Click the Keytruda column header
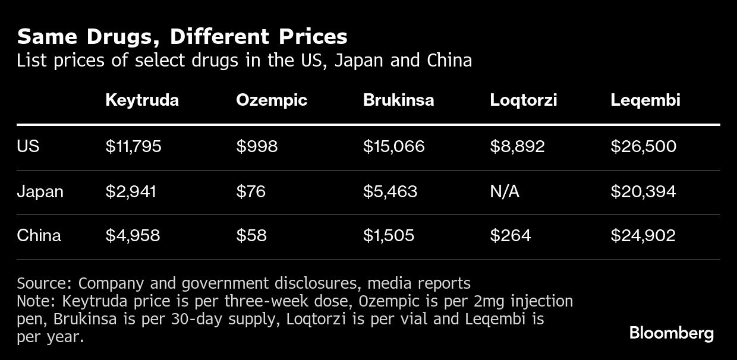tap(141, 100)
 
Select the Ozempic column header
tap(271, 100)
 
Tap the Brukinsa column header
tap(398, 100)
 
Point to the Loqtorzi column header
tap(523, 100)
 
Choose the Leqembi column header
tap(645, 100)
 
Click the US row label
tap(28, 146)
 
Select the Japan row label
tap(40, 191)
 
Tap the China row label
tap(39, 235)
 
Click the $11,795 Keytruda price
tap(133, 146)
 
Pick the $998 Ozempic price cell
tap(256, 146)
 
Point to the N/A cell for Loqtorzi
tap(504, 191)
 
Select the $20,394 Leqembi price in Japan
tap(643, 191)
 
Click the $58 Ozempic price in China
tap(251, 235)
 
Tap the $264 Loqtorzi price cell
tap(510, 235)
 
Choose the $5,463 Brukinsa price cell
tap(390, 191)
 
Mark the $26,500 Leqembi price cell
tap(643, 146)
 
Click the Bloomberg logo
tap(671, 333)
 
